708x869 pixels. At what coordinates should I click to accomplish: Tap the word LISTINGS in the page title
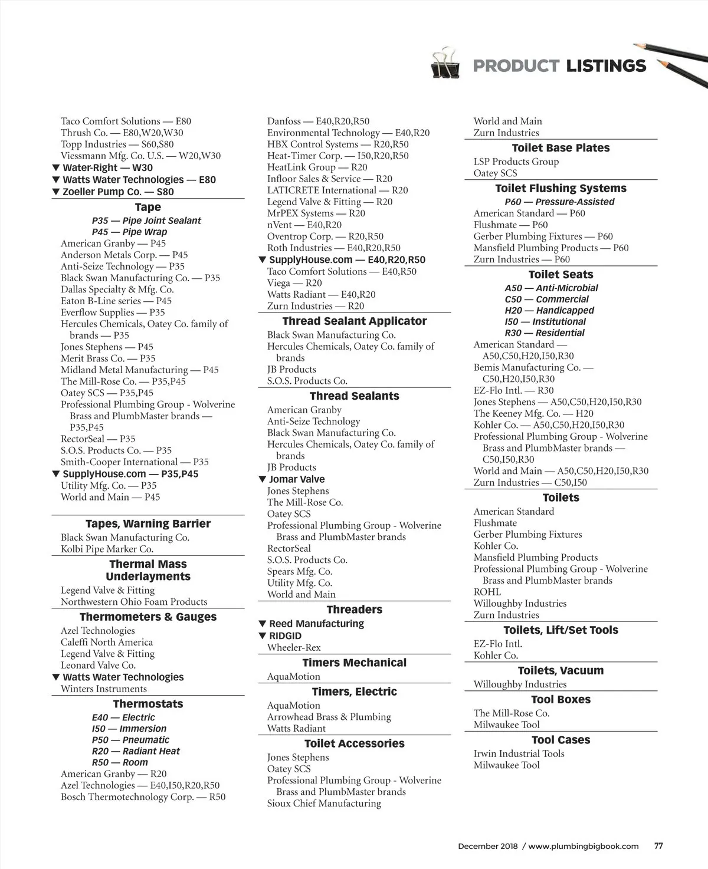(606, 65)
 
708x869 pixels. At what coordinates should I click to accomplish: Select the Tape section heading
(147, 207)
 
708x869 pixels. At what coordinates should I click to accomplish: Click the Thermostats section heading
(147, 703)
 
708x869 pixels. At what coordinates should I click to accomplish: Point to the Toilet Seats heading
(560, 274)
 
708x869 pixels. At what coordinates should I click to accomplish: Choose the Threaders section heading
(354, 609)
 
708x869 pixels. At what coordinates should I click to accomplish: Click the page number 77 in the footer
(658, 845)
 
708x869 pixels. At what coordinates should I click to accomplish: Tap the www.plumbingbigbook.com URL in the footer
(583, 846)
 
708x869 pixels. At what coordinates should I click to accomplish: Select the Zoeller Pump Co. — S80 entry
(118, 192)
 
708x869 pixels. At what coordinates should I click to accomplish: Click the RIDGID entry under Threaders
(285, 636)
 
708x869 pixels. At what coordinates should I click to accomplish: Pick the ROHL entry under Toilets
(487, 592)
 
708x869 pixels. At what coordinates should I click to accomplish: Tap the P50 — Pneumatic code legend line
(130, 740)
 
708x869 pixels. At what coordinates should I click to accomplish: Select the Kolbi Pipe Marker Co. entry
(107, 549)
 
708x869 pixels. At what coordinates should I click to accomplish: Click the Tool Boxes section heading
(560, 699)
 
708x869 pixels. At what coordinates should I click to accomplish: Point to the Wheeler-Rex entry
(294, 647)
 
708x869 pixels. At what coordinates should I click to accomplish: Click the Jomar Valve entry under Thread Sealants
(297, 479)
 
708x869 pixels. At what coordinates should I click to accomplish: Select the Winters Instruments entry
(104, 689)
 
